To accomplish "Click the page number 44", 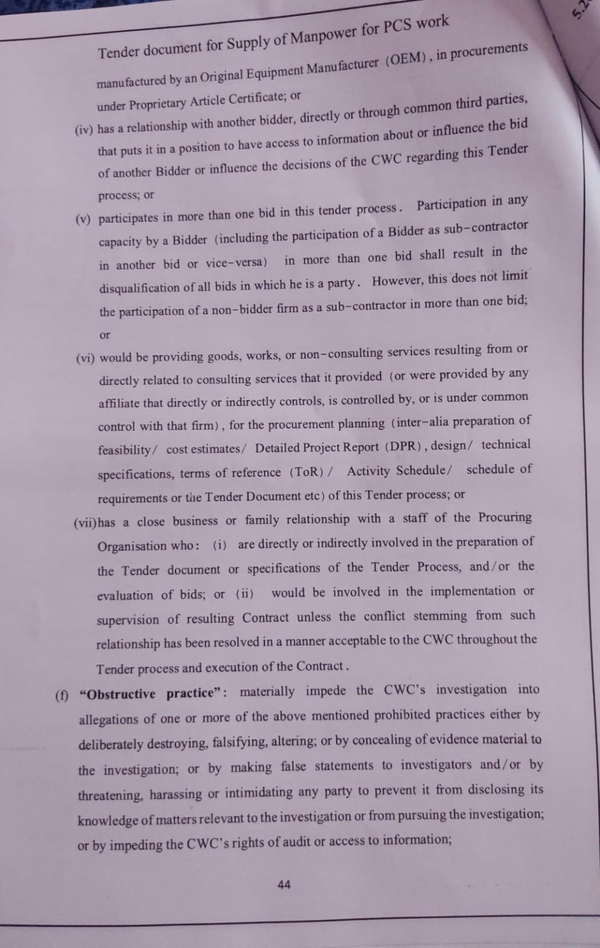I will click(x=284, y=885).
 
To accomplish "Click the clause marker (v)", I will click(x=84, y=219).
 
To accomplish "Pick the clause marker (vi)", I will click(x=85, y=358).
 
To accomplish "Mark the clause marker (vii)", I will click(x=85, y=523).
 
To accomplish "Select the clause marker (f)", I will click(x=62, y=696).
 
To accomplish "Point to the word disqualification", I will click(x=139, y=289).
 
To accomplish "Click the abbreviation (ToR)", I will click(x=306, y=472).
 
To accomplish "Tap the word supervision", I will click(x=128, y=620).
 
